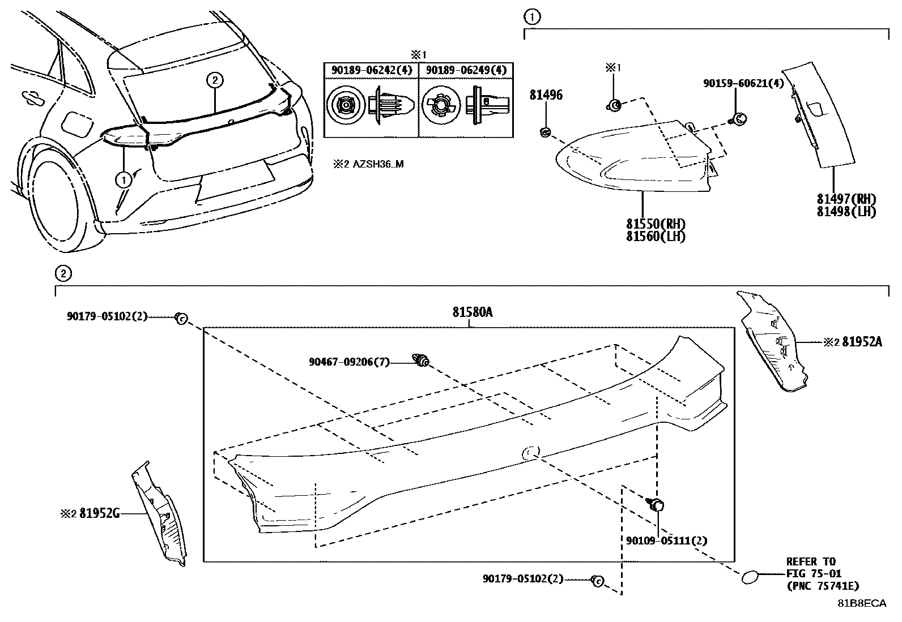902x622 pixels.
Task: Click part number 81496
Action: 546,95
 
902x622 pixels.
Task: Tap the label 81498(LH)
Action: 846,212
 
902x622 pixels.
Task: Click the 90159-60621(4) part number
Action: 743,83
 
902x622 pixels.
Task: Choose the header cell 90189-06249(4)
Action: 466,70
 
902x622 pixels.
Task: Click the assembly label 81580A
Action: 472,312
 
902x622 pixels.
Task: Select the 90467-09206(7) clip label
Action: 349,362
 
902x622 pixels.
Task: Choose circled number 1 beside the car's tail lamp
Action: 122,180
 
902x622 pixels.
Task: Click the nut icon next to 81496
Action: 545,133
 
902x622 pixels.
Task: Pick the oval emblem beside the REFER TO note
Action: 749,577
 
